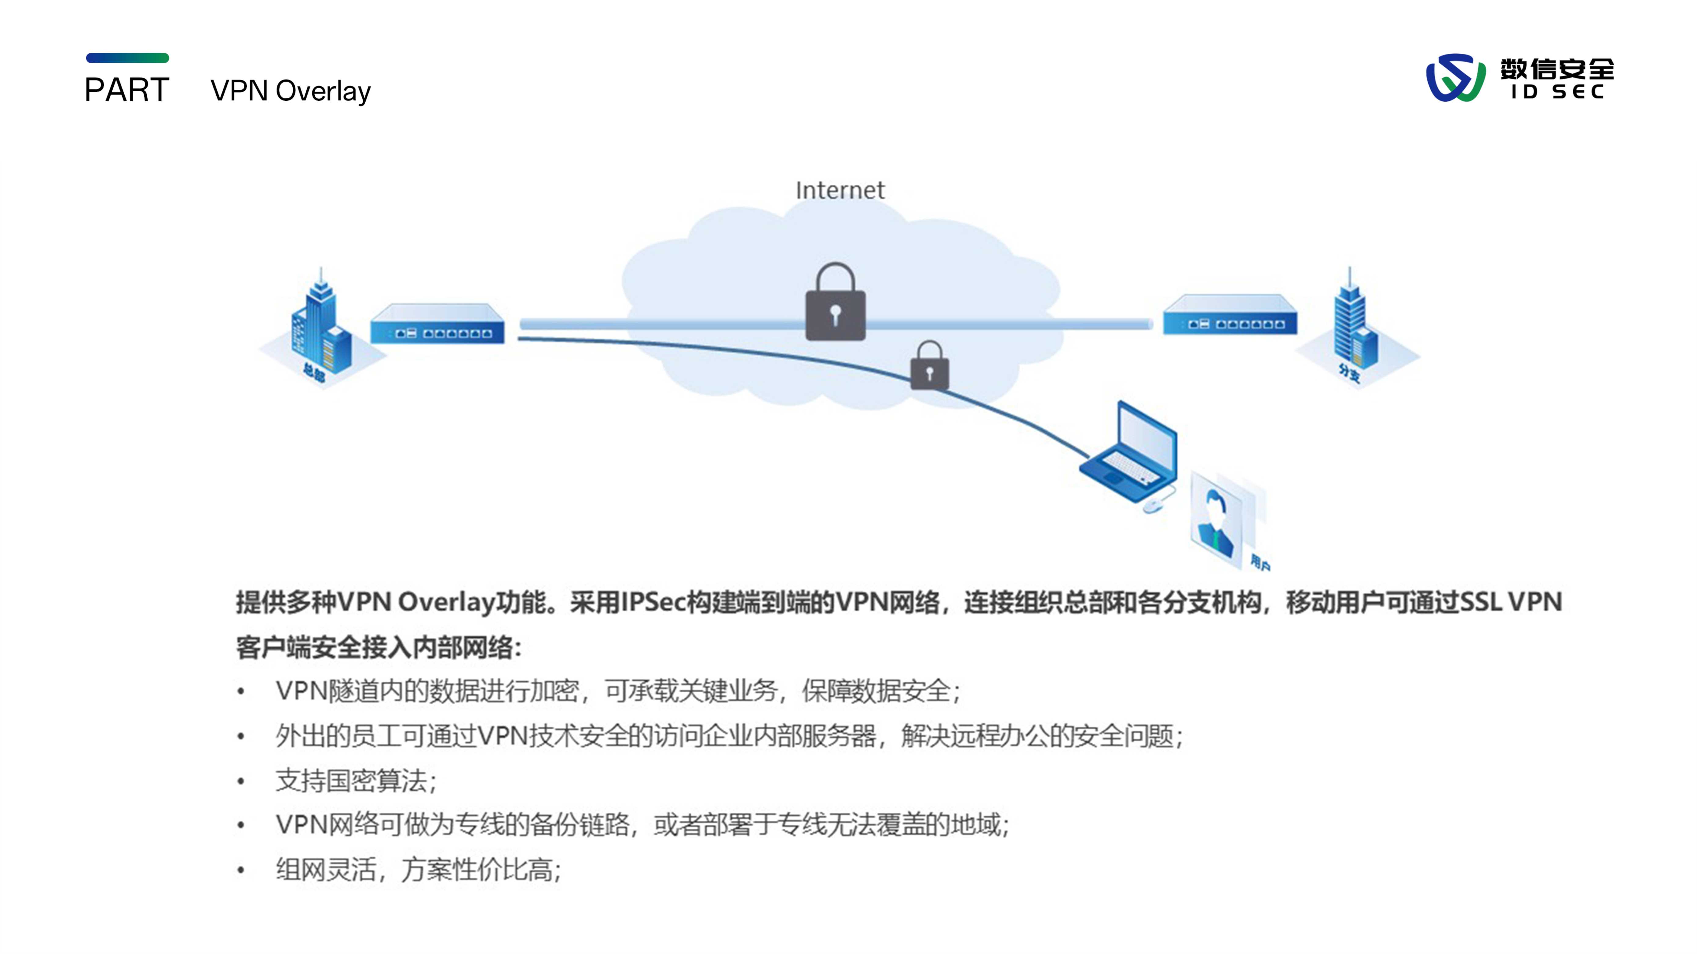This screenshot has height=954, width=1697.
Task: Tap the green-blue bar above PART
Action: point(127,58)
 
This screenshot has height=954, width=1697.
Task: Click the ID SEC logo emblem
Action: point(1454,78)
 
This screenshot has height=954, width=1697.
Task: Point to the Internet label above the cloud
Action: point(840,190)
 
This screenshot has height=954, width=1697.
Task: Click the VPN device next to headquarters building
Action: point(437,324)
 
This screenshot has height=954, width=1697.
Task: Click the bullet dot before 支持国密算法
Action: point(241,782)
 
